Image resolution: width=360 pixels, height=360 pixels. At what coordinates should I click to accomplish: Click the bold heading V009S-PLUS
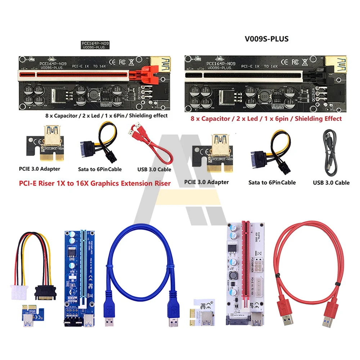point(267,39)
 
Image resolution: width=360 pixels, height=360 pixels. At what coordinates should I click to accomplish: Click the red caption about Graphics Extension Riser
point(95,183)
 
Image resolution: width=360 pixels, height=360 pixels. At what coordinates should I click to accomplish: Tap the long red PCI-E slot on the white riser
point(247,266)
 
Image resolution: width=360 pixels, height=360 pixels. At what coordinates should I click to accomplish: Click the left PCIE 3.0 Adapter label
point(40,168)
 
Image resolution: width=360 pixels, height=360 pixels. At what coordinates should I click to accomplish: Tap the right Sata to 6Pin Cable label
point(272,183)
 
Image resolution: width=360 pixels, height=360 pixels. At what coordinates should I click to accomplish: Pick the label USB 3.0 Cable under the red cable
point(154,169)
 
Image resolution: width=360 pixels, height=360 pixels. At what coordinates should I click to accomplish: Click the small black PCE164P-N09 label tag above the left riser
point(94,45)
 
